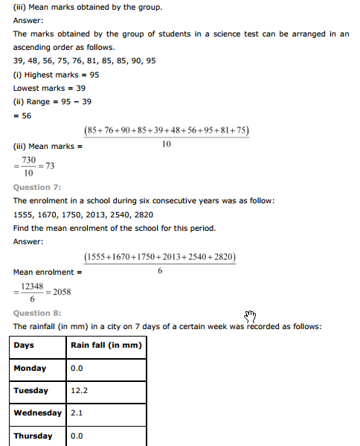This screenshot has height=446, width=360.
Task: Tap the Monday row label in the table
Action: tap(30, 368)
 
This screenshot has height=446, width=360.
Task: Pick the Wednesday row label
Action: tap(37, 412)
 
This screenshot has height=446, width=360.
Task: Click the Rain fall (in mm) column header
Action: tap(106, 345)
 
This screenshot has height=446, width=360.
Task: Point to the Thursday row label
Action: tap(33, 436)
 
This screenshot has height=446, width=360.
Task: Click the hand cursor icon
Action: tap(250, 316)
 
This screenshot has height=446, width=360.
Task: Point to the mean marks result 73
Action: tap(51, 165)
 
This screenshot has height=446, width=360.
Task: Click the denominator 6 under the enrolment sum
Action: tap(160, 271)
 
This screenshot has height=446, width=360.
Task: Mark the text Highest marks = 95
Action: tap(56, 75)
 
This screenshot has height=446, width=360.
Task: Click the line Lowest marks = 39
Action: tap(51, 88)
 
